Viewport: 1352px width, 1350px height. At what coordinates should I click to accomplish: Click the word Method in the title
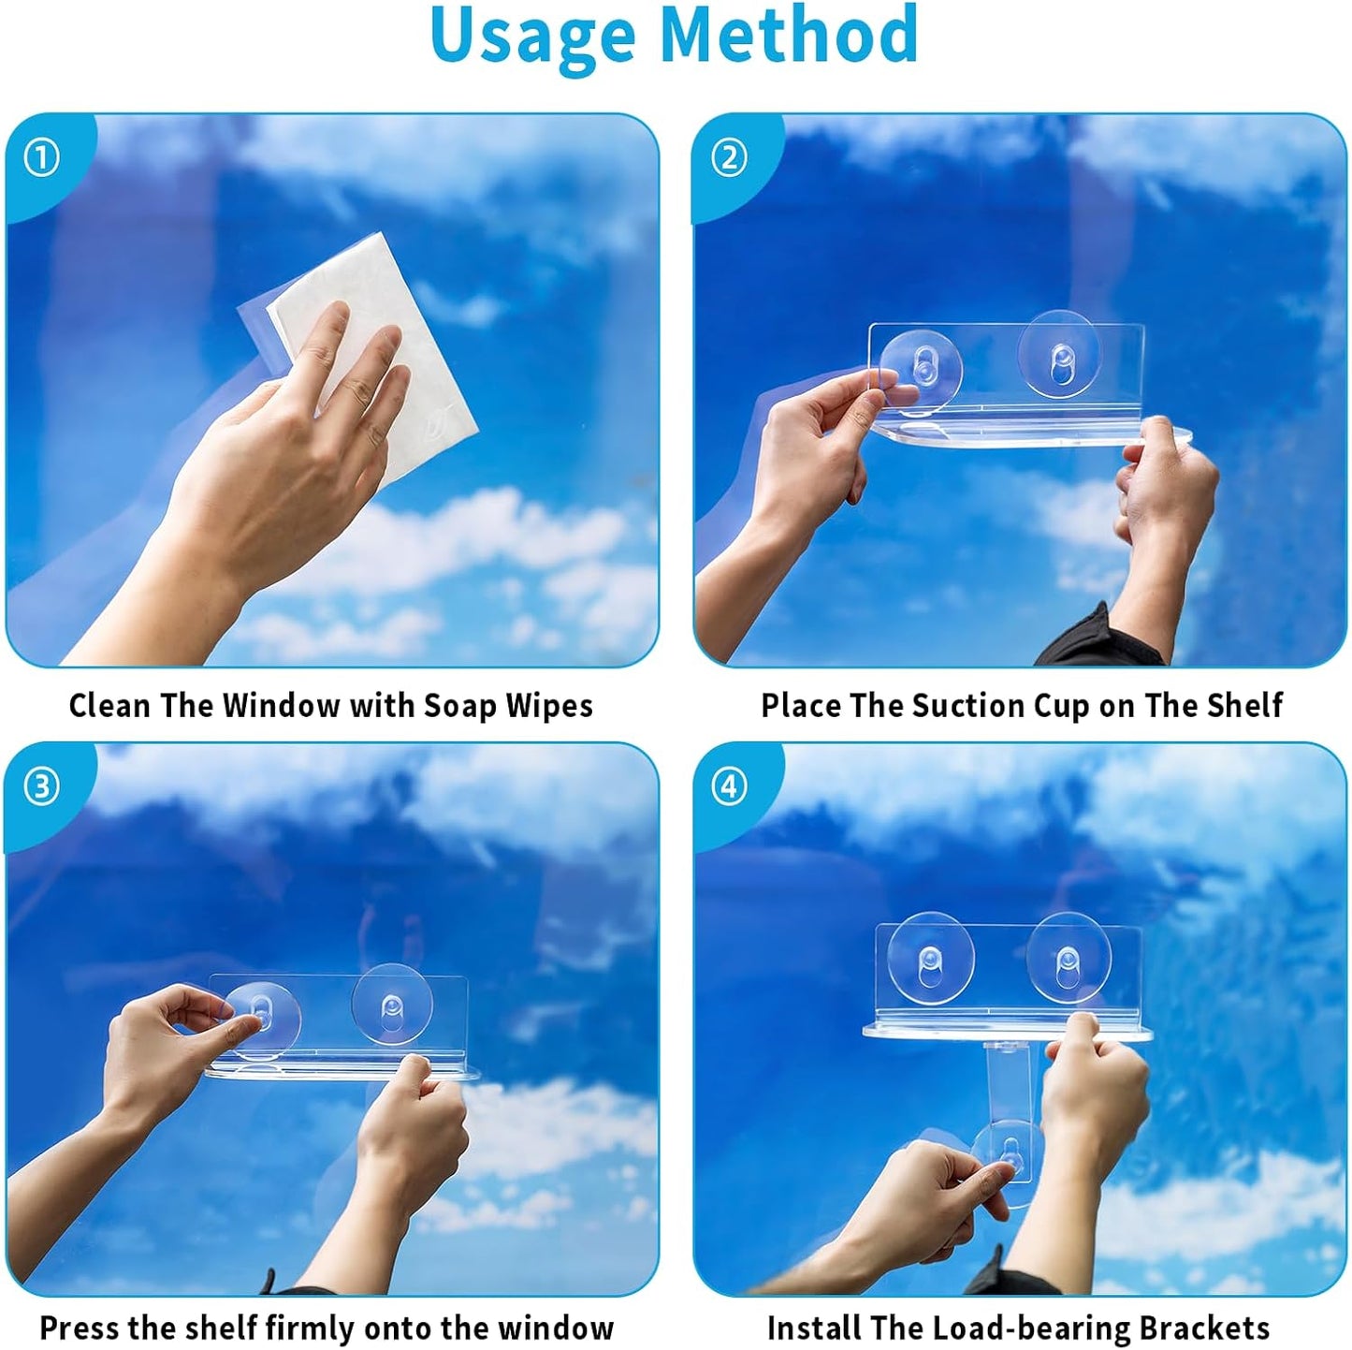(789, 33)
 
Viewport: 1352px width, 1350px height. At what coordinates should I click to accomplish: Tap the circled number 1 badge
(41, 158)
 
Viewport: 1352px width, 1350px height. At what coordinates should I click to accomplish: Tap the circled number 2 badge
(729, 158)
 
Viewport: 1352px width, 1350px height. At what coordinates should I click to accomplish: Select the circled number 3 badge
(41, 787)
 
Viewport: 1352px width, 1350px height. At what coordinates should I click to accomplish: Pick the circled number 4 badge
(729, 787)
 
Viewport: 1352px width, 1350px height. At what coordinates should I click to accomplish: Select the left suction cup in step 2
(921, 369)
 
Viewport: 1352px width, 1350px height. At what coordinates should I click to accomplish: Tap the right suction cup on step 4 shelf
(1069, 958)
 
